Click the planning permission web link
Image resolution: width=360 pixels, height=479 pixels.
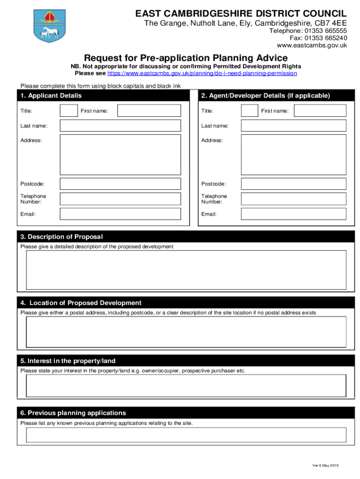[x=202, y=73]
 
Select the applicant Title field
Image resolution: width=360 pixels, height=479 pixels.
[x=69, y=111]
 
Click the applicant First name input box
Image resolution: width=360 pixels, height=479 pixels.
[x=149, y=111]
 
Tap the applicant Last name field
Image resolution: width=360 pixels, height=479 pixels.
[x=120, y=126]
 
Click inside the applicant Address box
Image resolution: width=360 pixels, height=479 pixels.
[x=120, y=155]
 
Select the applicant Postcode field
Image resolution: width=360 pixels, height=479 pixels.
[x=120, y=184]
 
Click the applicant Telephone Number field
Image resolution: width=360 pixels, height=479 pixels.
[x=120, y=199]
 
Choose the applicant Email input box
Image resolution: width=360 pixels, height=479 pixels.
[x=120, y=214]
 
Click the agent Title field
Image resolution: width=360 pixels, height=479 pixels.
[x=249, y=111]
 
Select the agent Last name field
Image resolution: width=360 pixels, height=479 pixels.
[x=294, y=126]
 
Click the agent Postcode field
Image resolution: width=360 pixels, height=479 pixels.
[x=294, y=184]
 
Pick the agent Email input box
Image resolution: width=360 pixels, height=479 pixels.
[x=294, y=214]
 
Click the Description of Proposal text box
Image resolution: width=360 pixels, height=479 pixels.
[x=186, y=270]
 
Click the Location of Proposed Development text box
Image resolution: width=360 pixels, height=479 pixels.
[x=186, y=332]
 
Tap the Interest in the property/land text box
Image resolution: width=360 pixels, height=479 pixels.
[x=186, y=385]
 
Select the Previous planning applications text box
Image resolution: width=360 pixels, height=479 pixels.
[x=186, y=435]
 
